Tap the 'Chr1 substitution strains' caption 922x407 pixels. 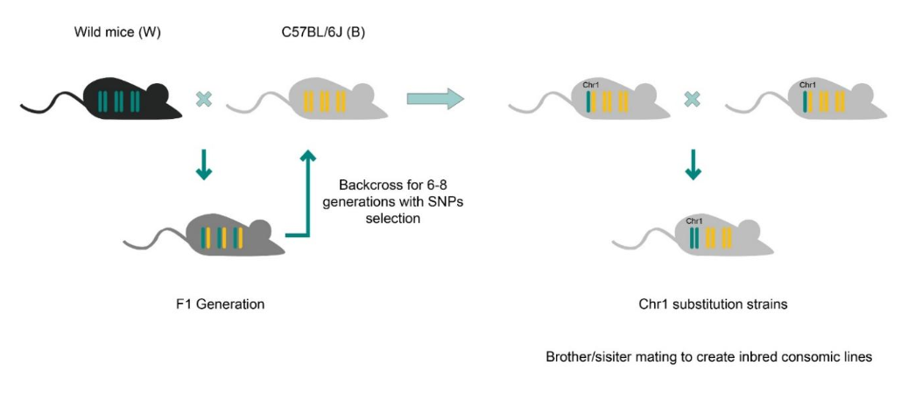[707, 305]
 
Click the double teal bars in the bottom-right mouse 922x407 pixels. [694, 237]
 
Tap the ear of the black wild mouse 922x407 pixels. [157, 88]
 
